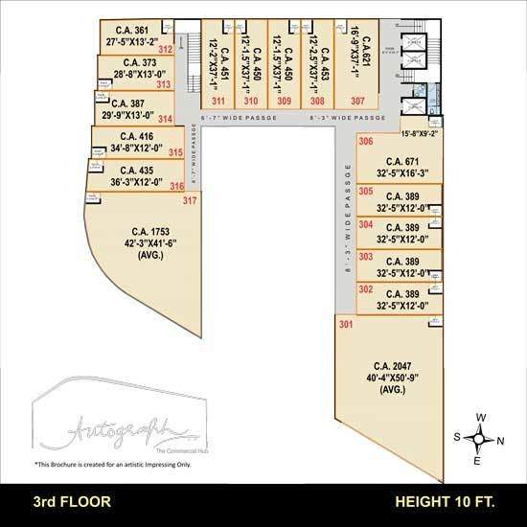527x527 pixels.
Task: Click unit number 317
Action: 190,200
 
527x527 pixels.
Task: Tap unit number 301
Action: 345,324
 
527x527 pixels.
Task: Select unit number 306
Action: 365,142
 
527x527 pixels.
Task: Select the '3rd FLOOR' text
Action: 73,501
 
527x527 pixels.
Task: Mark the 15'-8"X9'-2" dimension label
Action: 420,134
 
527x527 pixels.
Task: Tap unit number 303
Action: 365,257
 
